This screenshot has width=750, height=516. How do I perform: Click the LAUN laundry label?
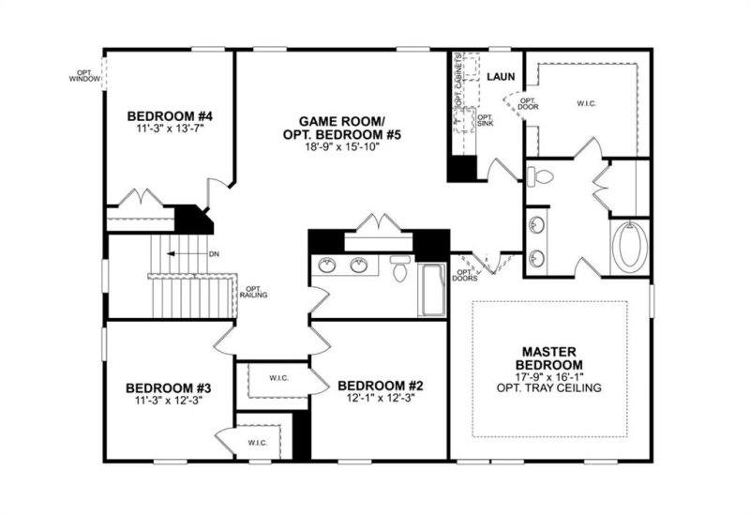(x=497, y=76)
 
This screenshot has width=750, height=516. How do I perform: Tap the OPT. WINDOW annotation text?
(x=83, y=75)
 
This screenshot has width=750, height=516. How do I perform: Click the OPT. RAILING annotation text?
(x=254, y=292)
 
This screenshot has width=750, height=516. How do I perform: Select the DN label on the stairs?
(x=213, y=253)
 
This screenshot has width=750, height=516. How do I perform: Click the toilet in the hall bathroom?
(x=397, y=269)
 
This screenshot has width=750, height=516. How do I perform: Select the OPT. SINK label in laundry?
(x=485, y=120)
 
